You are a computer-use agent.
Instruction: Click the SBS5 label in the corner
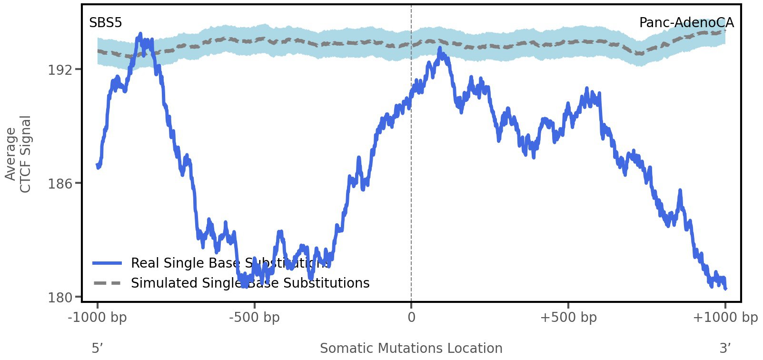pyautogui.click(x=105, y=22)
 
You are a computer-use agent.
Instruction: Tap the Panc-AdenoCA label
pyautogui.click(x=686, y=22)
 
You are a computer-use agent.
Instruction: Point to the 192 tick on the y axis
pyautogui.click(x=59, y=70)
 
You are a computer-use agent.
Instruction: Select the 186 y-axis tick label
pyautogui.click(x=59, y=183)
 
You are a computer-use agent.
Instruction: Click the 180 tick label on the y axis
pyautogui.click(x=59, y=298)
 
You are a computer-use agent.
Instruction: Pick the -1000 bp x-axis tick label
pyautogui.click(x=98, y=318)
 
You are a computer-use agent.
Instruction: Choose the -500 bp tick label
pyautogui.click(x=254, y=318)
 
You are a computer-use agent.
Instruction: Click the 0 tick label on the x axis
pyautogui.click(x=411, y=318)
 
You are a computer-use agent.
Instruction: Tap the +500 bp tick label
pyautogui.click(x=568, y=318)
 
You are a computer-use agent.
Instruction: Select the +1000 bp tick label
pyautogui.click(x=725, y=318)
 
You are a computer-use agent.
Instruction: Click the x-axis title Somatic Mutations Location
pyautogui.click(x=411, y=348)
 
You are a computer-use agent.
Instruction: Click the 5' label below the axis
pyautogui.click(x=97, y=348)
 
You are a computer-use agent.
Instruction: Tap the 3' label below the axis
pyautogui.click(x=725, y=348)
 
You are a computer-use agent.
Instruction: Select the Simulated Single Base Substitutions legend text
pyautogui.click(x=250, y=283)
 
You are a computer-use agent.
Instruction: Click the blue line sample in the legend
pyautogui.click(x=108, y=263)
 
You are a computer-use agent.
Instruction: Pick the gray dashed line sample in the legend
pyautogui.click(x=108, y=283)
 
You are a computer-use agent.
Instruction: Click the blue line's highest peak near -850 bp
pyautogui.click(x=140, y=34)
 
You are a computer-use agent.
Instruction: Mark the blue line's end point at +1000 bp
pyautogui.click(x=725, y=288)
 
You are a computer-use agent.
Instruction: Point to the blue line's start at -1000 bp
pyautogui.click(x=98, y=165)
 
